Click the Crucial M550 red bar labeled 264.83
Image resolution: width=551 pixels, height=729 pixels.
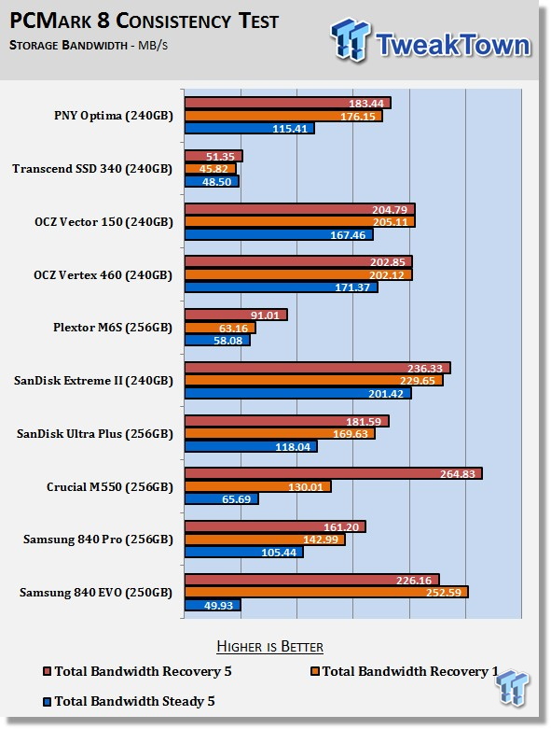pyautogui.click(x=333, y=474)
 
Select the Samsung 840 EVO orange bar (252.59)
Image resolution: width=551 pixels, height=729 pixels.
pyautogui.click(x=326, y=593)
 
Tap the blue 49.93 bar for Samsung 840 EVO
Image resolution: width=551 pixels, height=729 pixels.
pyautogui.click(x=213, y=606)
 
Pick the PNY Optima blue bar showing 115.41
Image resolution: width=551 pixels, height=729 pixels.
pyautogui.click(x=250, y=128)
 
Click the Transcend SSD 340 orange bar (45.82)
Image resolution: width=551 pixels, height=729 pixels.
pyautogui.click(x=211, y=169)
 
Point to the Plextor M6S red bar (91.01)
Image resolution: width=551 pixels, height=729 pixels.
pyautogui.click(x=236, y=315)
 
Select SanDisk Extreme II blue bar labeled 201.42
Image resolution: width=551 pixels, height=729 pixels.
pyautogui.click(x=298, y=393)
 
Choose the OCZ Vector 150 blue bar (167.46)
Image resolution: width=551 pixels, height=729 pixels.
pyautogui.click(x=279, y=235)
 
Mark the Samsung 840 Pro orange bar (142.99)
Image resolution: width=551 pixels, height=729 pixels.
pyautogui.click(x=265, y=540)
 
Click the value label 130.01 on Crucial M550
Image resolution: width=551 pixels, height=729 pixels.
pyautogui.click(x=306, y=487)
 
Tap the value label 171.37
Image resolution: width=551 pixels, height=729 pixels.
pyautogui.click(x=352, y=287)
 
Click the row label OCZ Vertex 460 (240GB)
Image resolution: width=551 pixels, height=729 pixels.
pyautogui.click(x=103, y=275)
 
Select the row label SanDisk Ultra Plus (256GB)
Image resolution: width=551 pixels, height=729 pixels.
pyautogui.click(x=95, y=434)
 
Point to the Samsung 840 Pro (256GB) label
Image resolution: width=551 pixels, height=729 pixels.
pyautogui.click(x=98, y=540)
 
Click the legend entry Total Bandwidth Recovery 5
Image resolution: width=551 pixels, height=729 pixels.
pyautogui.click(x=137, y=671)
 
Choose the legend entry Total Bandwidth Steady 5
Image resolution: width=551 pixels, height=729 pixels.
pyautogui.click(x=129, y=701)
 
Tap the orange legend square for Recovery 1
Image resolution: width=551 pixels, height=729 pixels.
pyautogui.click(x=315, y=671)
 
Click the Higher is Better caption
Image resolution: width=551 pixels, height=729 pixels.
pyautogui.click(x=269, y=647)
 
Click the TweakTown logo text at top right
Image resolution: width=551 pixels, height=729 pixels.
pyautogui.click(x=453, y=45)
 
